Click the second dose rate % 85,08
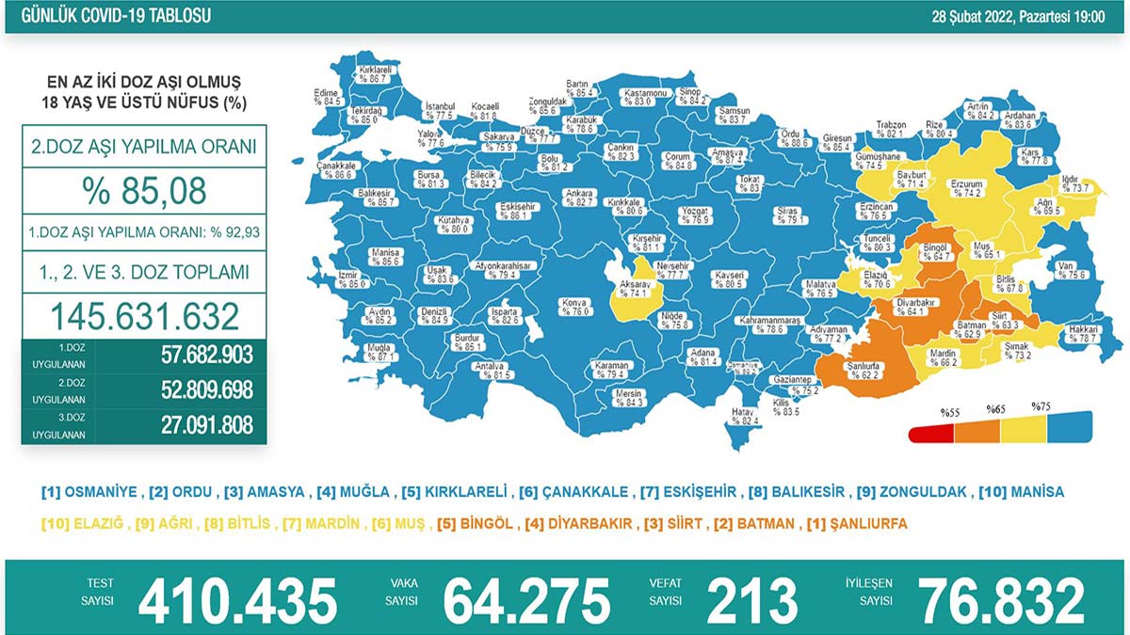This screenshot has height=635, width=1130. point(144,191)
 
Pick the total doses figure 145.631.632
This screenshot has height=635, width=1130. point(144,314)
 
